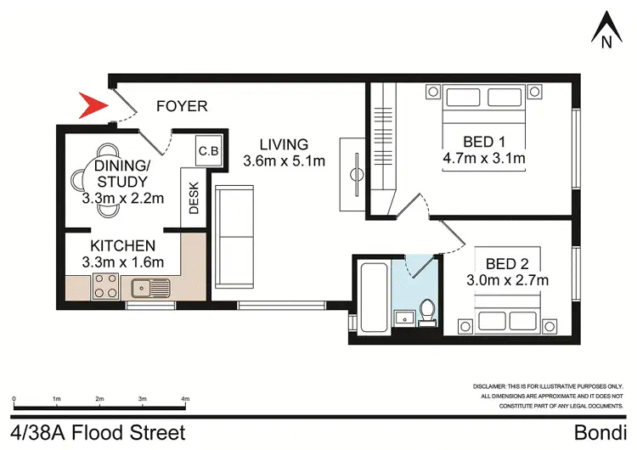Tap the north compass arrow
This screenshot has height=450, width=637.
pyautogui.click(x=606, y=27)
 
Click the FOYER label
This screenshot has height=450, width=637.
pyautogui.click(x=182, y=106)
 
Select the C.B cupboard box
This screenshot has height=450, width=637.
pyautogui.click(x=208, y=150)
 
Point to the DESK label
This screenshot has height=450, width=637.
pyautogui.click(x=194, y=198)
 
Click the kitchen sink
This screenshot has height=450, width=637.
pyautogui.click(x=150, y=288)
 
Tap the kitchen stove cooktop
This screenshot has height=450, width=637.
pyautogui.click(x=105, y=286)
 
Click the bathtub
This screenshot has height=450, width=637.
pyautogui.click(x=374, y=298)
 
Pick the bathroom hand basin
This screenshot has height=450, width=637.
pyautogui.click(x=404, y=318)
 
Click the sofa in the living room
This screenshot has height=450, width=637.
pyautogui.click(x=234, y=237)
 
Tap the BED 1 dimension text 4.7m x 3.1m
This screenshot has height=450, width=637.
pyautogui.click(x=484, y=158)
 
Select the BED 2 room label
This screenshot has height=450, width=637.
pyautogui.click(x=507, y=264)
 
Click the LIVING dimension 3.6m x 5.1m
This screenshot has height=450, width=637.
pyautogui.click(x=284, y=160)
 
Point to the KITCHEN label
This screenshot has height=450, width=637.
pyautogui.click(x=122, y=245)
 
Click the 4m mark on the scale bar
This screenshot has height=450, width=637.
pyautogui.click(x=185, y=399)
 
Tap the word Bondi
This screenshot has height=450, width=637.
pyautogui.click(x=600, y=432)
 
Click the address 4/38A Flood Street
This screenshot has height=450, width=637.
pyautogui.click(x=98, y=432)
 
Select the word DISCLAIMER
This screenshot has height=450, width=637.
pyautogui.click(x=489, y=386)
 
